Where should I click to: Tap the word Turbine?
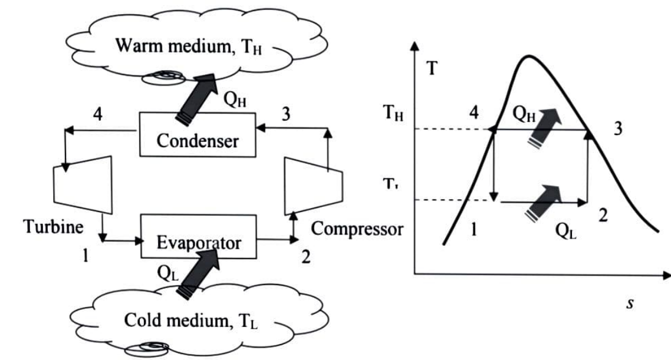47,227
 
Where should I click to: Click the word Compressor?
357,228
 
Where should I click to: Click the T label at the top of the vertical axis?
433,69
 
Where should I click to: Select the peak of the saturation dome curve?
529,57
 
